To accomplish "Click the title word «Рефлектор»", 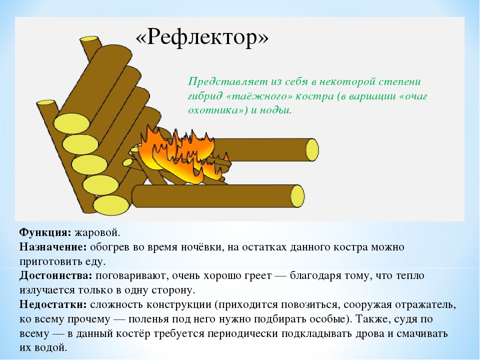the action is (202, 37).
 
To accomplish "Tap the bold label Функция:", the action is (45, 233).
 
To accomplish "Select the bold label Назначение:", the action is (53, 247).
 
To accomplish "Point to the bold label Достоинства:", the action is (55, 276).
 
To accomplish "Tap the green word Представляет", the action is (228, 82).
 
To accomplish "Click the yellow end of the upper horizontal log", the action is (312, 149).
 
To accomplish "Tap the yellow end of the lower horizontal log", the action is (297, 196).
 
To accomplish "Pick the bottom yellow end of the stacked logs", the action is (111, 204).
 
